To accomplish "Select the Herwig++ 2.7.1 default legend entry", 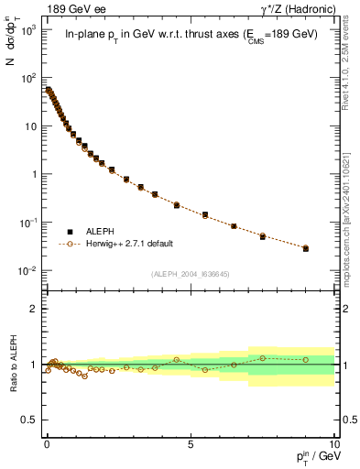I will (x=127, y=244).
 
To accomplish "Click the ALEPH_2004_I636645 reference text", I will (x=190, y=274).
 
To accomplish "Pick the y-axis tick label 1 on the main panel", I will (x=35, y=174).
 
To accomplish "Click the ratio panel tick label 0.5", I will (x=31, y=420).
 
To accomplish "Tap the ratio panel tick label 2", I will (x=35, y=309).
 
